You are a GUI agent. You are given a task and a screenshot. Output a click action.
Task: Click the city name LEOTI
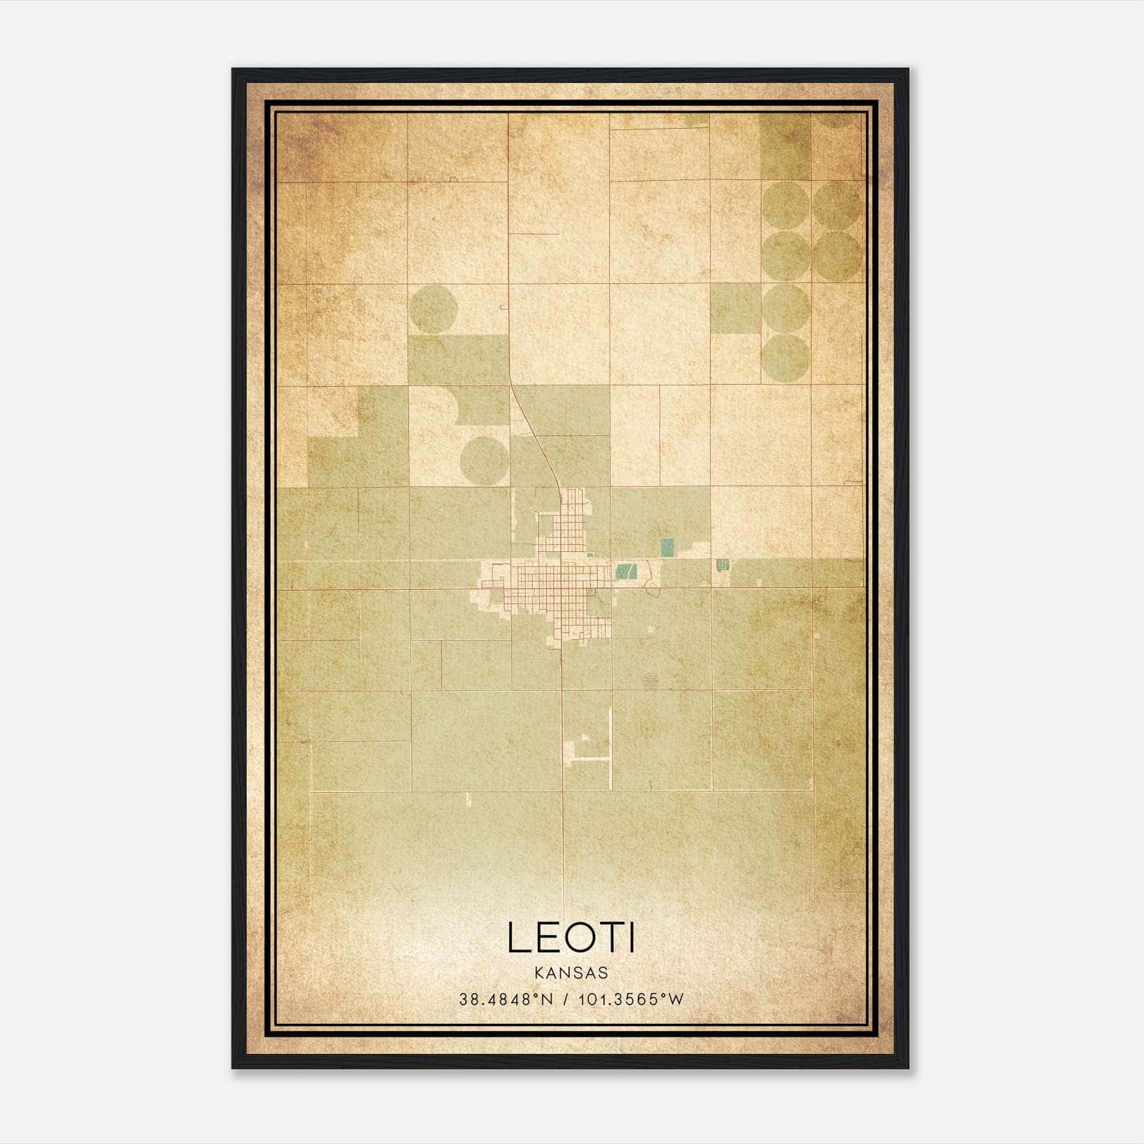click(x=571, y=937)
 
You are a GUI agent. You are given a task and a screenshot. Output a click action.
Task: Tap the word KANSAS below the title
click(x=571, y=973)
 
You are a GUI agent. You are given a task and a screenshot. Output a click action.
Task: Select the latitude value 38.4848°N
click(x=507, y=999)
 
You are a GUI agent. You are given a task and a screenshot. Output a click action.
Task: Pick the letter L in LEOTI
click(x=518, y=937)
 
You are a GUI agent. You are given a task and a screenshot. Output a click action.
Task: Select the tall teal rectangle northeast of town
click(x=667, y=548)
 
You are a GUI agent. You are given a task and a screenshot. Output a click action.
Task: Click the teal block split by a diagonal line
click(x=626, y=571)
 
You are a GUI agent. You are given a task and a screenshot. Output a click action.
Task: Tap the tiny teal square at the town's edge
click(x=589, y=554)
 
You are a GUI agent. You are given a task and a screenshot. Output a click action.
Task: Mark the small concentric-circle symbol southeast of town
click(x=650, y=681)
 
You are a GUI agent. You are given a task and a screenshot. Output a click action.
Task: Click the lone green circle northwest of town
click(x=434, y=309)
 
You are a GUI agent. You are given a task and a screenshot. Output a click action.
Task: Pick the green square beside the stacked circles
click(x=735, y=308)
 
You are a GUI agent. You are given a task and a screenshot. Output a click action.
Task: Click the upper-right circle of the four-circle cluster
click(x=837, y=204)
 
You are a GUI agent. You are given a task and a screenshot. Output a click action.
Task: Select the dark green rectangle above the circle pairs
click(x=785, y=147)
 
